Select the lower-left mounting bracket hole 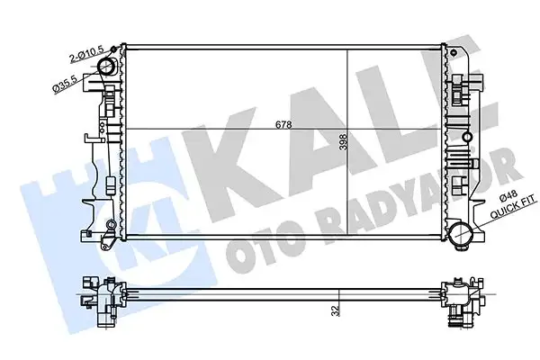[x=109, y=223]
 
